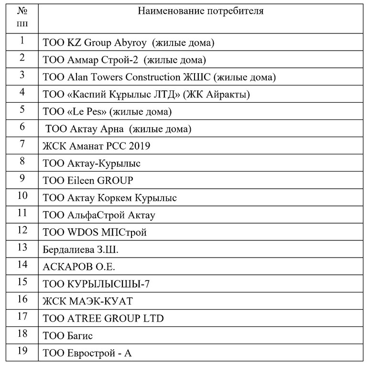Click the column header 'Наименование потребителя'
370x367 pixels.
click(x=200, y=11)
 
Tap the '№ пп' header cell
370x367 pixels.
click(x=22, y=17)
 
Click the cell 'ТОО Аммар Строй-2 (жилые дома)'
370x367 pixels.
click(x=124, y=60)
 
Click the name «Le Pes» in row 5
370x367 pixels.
click(x=84, y=112)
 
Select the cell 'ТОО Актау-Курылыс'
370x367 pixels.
click(x=91, y=163)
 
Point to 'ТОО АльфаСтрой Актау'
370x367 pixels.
click(x=99, y=215)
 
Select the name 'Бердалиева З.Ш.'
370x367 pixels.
click(x=81, y=249)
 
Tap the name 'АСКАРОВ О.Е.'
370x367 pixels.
click(x=79, y=267)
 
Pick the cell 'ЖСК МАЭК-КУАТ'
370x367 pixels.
click(x=87, y=301)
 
